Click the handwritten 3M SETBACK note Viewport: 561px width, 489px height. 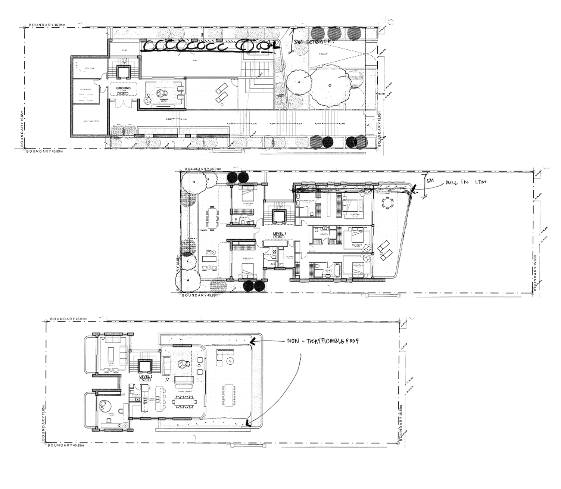pyautogui.click(x=312, y=42)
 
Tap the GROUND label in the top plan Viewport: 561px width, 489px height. pyautogui.click(x=123, y=88)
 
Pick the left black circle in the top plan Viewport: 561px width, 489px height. pyautogui.click(x=328, y=142)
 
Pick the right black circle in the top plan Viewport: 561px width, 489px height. pyautogui.click(x=351, y=142)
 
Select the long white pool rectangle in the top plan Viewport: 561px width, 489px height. pyautogui.click(x=192, y=64)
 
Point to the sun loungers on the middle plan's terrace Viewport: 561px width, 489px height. pyautogui.click(x=386, y=250)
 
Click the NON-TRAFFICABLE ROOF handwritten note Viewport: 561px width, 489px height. pyautogui.click(x=323, y=341)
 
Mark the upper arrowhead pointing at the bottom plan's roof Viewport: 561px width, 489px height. pyautogui.click(x=252, y=342)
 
